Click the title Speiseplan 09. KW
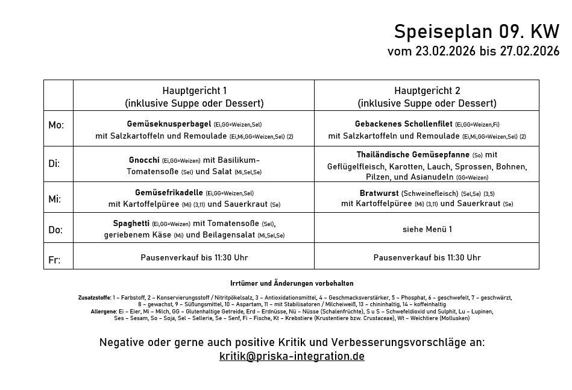(x=476, y=31)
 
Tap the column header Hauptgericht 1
(x=194, y=90)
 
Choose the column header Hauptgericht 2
(x=427, y=90)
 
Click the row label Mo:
(x=56, y=125)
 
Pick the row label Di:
(x=54, y=163)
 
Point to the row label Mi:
(x=55, y=198)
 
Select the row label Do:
(x=55, y=230)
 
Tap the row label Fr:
(x=54, y=260)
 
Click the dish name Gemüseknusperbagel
(x=169, y=124)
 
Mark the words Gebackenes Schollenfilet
(x=403, y=124)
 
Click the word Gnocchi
(x=144, y=160)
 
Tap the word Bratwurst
(x=379, y=193)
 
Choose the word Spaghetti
(x=131, y=224)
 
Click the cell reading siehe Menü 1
(x=427, y=229)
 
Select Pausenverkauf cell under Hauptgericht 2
(x=427, y=257)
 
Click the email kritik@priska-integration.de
(x=292, y=356)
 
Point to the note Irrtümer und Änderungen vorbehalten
(x=292, y=283)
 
